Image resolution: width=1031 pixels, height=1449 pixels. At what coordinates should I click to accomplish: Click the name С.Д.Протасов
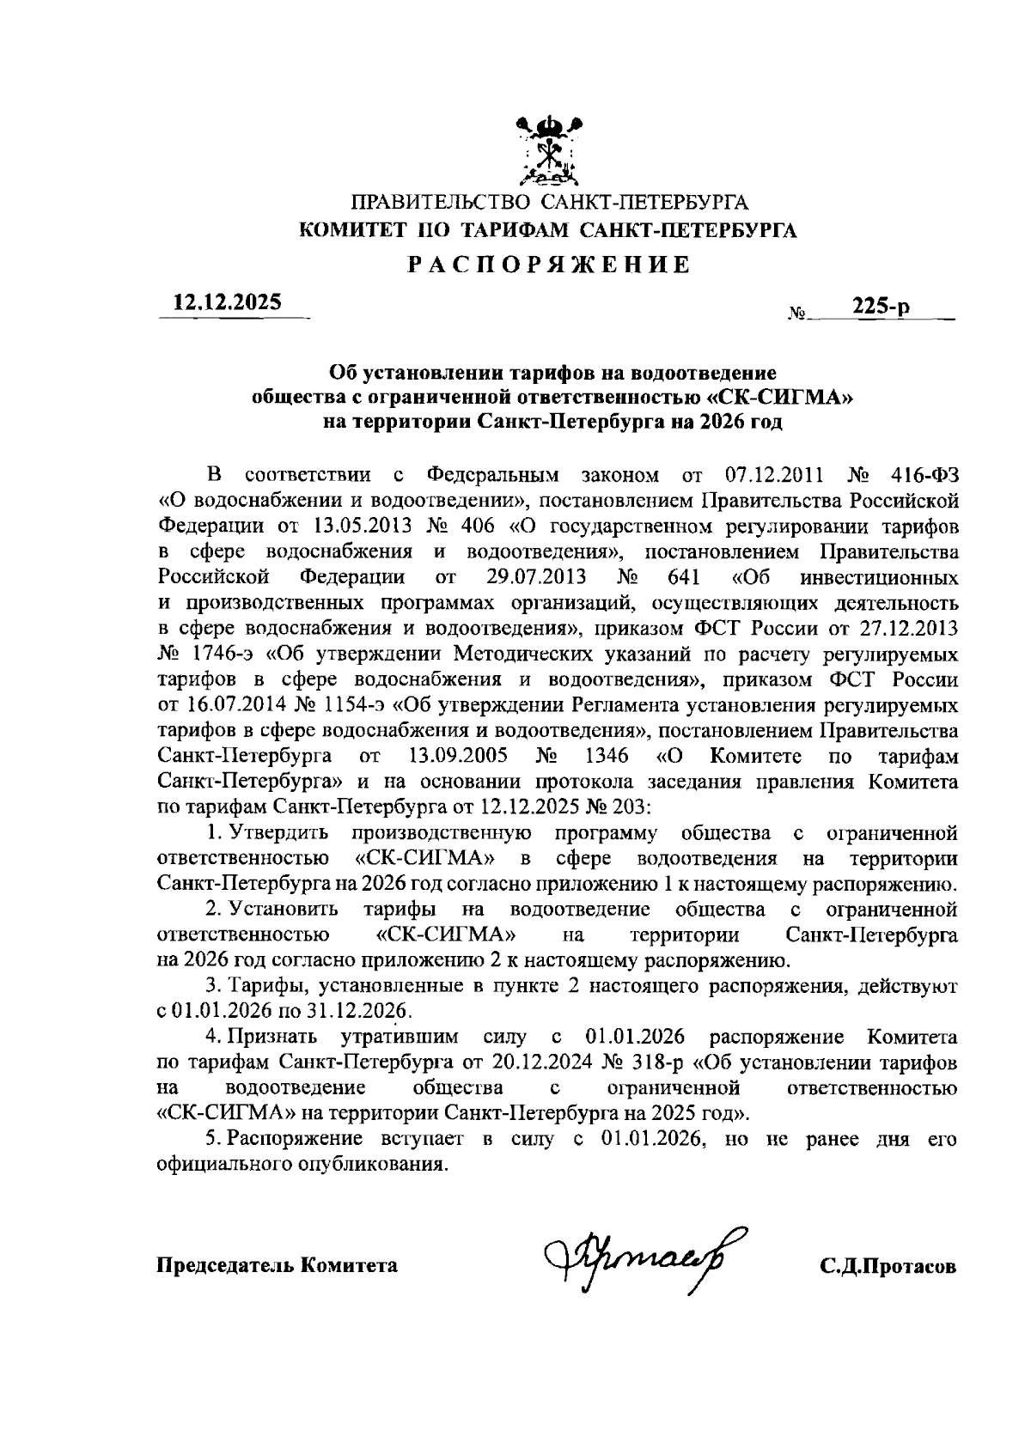[888, 1266]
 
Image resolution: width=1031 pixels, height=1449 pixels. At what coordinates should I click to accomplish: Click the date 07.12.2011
[776, 476]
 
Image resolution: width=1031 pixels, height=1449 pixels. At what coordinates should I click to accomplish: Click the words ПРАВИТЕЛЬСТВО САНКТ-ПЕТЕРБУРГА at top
[549, 204]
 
